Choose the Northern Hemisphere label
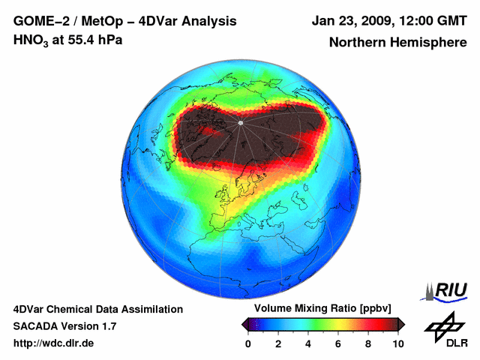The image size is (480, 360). tap(397, 43)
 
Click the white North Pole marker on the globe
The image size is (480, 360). tap(240, 122)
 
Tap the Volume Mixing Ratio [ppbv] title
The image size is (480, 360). tap(319, 309)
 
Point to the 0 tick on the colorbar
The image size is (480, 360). tap(248, 343)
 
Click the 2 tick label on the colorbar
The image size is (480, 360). tap(278, 343)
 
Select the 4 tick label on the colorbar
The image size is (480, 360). tap(308, 343)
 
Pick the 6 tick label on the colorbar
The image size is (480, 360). tap(338, 343)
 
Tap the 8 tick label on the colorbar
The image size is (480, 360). tap(368, 343)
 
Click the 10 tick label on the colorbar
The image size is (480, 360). tap(397, 343)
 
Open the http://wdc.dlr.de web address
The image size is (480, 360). tap(54, 343)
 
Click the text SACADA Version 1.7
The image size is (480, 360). tap(64, 326)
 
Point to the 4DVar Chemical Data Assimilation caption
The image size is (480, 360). tap(97, 309)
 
